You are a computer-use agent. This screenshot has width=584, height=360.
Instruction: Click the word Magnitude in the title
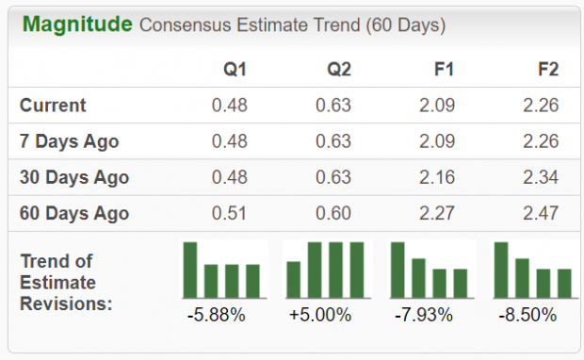(77, 24)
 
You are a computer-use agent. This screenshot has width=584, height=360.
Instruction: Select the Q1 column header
(235, 69)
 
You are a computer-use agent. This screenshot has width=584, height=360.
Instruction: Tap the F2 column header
(546, 69)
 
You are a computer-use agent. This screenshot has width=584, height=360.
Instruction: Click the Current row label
(53, 106)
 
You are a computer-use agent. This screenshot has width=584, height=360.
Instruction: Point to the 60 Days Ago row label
(74, 213)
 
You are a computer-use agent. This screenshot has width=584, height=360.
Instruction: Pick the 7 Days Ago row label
(70, 141)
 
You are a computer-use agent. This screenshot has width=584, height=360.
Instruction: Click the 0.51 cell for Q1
(230, 213)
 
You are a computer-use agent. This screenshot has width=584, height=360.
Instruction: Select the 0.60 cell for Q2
(333, 213)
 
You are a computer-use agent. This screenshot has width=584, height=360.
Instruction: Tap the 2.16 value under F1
(437, 177)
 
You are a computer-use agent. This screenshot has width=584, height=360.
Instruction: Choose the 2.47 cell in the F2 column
(541, 213)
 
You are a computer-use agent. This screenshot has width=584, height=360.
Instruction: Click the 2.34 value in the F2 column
(541, 177)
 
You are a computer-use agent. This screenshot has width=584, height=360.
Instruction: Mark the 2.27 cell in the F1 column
(437, 213)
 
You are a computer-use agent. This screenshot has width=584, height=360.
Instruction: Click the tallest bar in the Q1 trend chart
(190, 270)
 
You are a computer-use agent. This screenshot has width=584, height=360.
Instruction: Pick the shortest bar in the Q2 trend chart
(294, 279)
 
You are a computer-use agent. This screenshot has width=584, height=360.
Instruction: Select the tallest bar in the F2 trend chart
(501, 270)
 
